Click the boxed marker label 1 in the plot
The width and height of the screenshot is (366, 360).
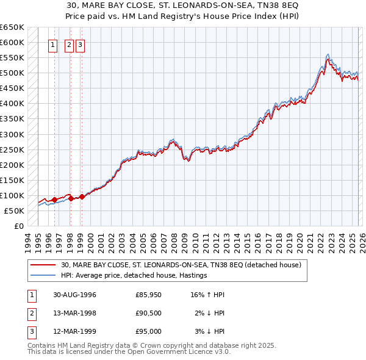point(53,45)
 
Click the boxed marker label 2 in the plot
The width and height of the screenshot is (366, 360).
point(69,45)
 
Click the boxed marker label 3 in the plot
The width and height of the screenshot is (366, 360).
point(81,45)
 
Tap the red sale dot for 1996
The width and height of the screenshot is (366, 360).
point(54,200)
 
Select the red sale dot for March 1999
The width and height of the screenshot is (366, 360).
point(81,196)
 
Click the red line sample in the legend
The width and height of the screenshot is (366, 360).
point(43,265)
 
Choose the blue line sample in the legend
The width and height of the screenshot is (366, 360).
point(43,275)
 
